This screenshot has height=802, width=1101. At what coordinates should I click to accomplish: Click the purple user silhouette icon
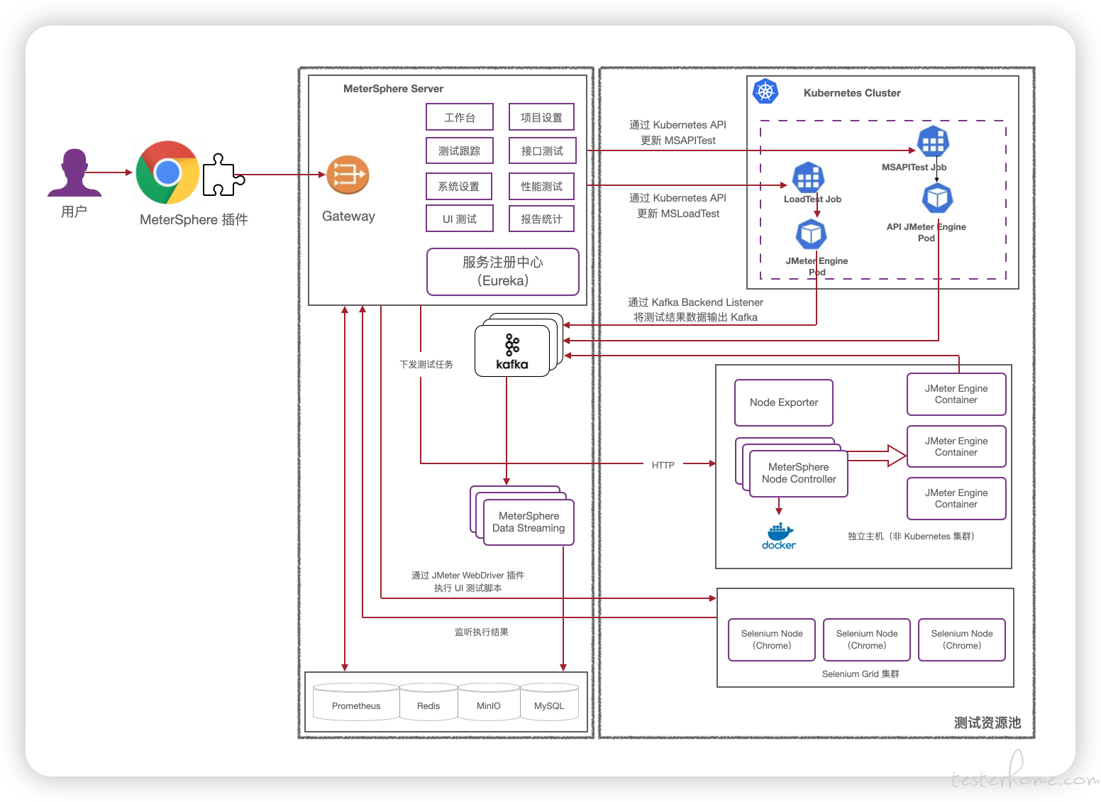[74, 172]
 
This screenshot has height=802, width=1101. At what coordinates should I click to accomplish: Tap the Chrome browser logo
[167, 172]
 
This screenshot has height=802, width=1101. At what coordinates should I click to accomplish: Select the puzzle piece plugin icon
[223, 175]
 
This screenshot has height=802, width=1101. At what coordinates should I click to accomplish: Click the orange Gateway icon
[348, 175]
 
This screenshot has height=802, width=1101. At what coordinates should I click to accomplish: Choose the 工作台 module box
[460, 117]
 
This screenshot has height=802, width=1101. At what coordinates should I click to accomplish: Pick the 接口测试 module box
[542, 150]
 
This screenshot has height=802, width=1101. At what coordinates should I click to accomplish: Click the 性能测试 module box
[542, 187]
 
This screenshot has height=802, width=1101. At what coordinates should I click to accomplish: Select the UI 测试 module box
[460, 219]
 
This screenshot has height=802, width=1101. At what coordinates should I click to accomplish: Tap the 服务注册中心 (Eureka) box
[503, 271]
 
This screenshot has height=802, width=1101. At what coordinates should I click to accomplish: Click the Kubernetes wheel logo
[765, 91]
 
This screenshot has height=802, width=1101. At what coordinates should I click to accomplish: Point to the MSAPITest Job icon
[933, 142]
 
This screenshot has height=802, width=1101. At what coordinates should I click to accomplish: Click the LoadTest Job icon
[808, 177]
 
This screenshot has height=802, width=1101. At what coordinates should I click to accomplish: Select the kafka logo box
[512, 351]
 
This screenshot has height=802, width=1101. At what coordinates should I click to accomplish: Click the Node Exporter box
[784, 402]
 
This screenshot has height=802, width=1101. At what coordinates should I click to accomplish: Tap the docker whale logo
[779, 536]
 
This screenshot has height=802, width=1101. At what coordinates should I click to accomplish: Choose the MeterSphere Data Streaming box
[529, 522]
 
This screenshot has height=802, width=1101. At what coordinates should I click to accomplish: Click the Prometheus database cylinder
[356, 702]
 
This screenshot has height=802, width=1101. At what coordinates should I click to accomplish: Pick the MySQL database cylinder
[549, 702]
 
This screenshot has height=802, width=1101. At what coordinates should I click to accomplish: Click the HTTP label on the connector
[663, 465]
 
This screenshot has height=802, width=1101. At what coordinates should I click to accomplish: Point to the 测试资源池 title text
[987, 723]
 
